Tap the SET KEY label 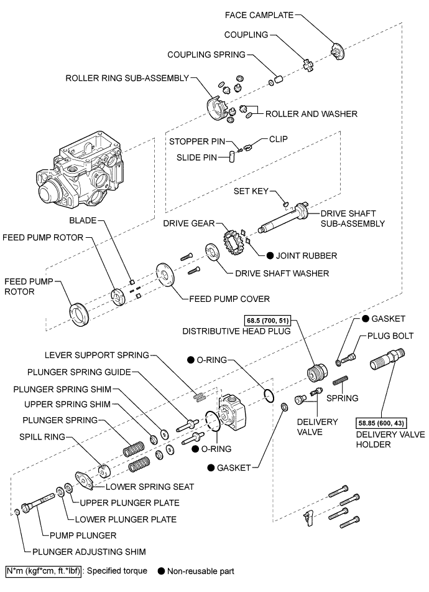(251, 191)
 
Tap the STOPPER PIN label (197, 141)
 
